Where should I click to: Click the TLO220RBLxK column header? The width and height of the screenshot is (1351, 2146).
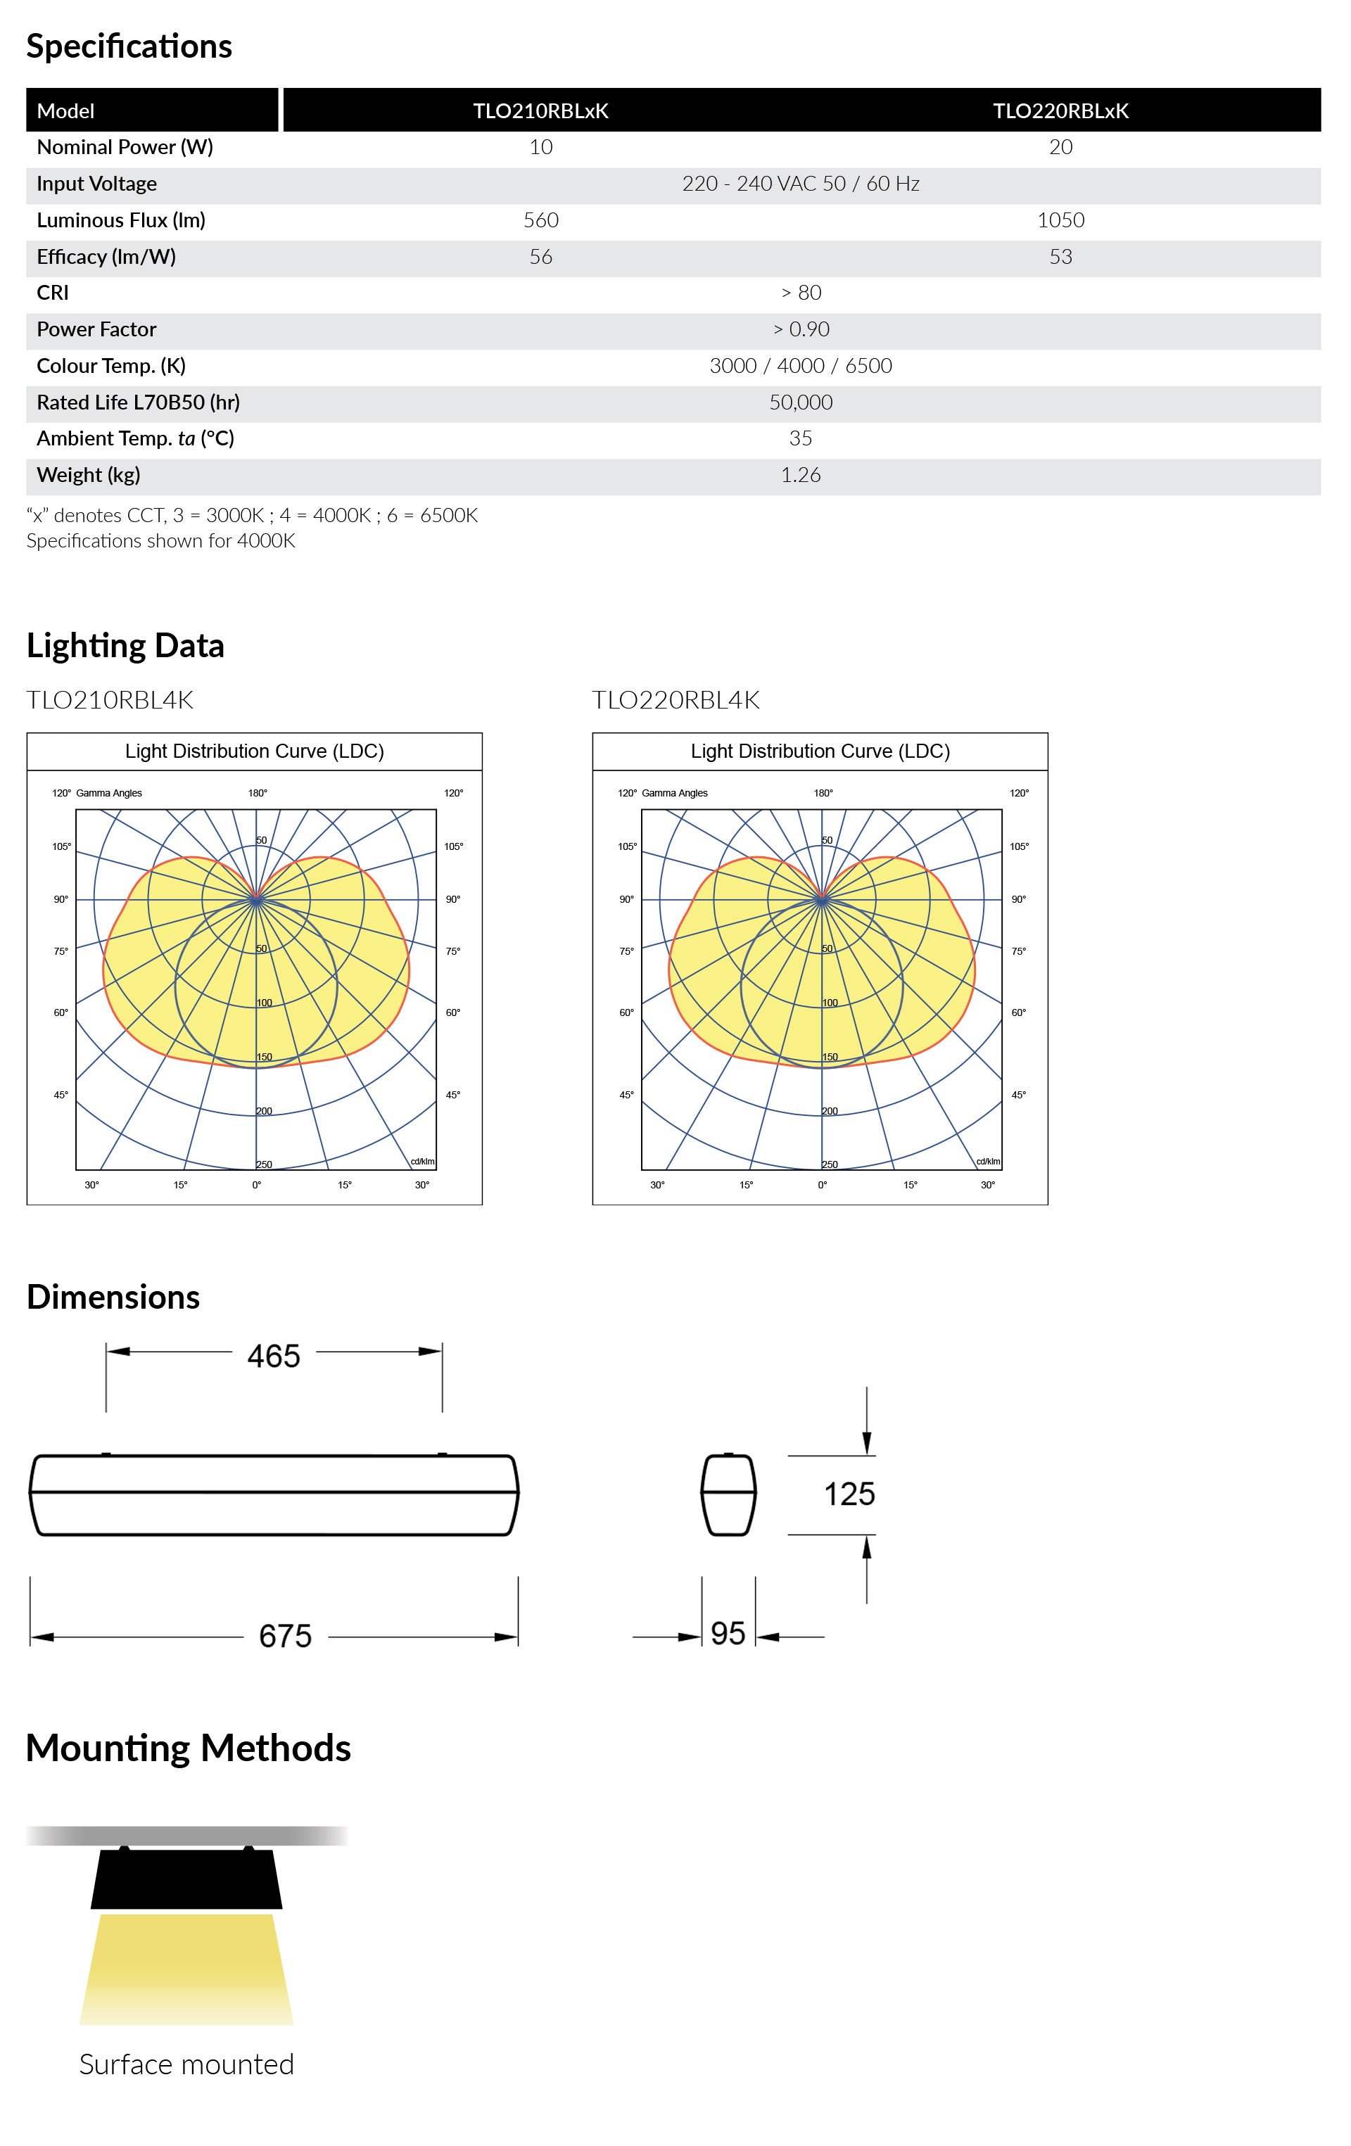click(1060, 110)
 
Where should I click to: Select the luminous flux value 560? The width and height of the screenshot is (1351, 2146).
click(541, 220)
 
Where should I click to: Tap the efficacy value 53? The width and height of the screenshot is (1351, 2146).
click(1060, 257)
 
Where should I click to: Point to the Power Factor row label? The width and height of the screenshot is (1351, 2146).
click(96, 329)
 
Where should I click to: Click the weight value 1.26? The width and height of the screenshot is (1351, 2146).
click(800, 475)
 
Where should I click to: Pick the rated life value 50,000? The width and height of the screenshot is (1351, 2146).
click(800, 402)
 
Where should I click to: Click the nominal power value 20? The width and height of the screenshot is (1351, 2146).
click(1060, 147)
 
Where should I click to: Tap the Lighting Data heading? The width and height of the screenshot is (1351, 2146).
click(125, 645)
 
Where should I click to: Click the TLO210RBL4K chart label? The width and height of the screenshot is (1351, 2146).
click(110, 699)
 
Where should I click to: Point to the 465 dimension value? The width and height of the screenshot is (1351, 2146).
click(274, 1356)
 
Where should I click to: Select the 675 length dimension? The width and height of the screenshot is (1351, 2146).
click(285, 1635)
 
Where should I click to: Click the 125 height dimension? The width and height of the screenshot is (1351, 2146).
click(849, 1494)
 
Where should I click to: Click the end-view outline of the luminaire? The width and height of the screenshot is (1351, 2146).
click(729, 1494)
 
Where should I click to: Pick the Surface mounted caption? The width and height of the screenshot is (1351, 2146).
click(186, 2064)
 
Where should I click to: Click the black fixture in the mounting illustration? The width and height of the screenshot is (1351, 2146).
click(186, 1879)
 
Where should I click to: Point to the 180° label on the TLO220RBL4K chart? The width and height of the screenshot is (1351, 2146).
click(823, 793)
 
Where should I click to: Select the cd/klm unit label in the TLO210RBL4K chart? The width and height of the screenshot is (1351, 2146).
click(422, 1161)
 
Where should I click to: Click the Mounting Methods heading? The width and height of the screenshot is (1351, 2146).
click(188, 1748)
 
